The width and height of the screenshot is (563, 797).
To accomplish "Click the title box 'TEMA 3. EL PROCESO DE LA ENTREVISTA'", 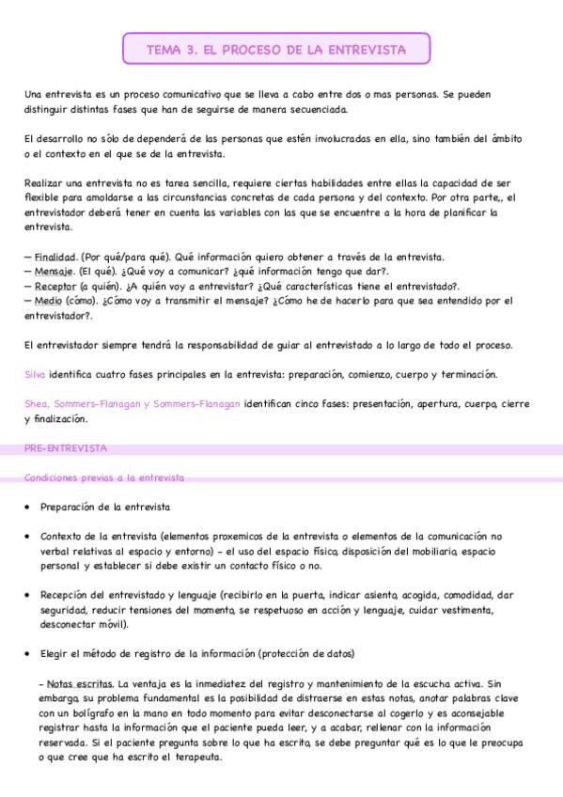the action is click(x=276, y=49).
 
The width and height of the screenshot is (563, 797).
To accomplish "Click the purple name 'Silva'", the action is click(x=35, y=374).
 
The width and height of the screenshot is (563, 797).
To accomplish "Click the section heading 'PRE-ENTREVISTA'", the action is click(x=66, y=448).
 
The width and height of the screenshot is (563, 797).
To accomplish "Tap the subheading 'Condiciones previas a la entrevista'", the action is click(x=104, y=477).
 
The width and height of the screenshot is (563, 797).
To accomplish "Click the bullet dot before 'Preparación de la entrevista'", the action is click(x=28, y=508).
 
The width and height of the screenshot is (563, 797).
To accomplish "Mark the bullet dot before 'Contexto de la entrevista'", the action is click(x=28, y=537).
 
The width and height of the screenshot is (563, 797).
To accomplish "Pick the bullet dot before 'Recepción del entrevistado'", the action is click(x=28, y=595).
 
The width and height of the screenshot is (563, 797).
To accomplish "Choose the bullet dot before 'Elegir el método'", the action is click(x=28, y=654).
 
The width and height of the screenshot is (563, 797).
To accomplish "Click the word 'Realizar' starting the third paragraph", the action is click(x=45, y=182).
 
